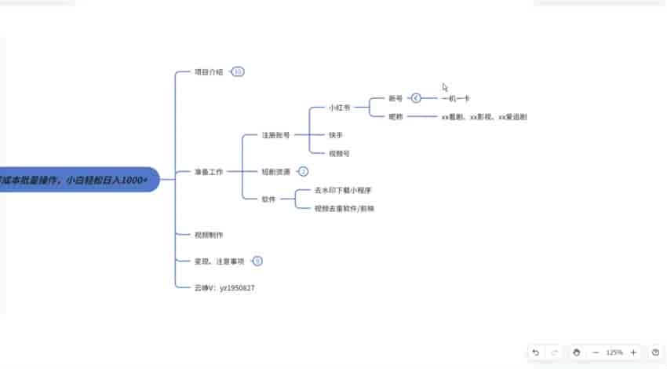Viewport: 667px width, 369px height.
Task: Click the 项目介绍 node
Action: coord(209,72)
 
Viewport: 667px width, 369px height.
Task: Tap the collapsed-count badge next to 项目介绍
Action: coord(238,72)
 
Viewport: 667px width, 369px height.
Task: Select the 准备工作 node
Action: coord(209,171)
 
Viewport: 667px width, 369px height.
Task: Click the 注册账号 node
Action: coord(276,135)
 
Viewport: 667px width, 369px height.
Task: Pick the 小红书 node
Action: coord(340,107)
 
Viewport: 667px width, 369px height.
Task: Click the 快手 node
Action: coord(335,135)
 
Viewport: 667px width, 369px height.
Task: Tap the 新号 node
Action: coord(395,99)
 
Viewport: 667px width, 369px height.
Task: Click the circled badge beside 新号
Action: coord(417,99)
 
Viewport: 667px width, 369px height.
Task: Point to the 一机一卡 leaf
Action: coord(456,99)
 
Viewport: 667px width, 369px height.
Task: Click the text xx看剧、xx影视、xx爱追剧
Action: coord(484,117)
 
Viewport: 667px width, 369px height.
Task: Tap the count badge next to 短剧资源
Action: coord(304,171)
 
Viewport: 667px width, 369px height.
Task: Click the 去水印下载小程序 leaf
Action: coord(342,191)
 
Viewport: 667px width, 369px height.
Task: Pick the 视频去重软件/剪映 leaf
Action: coord(344,209)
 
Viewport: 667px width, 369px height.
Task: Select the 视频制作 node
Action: coord(209,235)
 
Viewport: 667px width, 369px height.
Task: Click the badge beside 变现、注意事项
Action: coord(257,261)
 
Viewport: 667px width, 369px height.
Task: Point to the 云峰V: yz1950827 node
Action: coord(224,288)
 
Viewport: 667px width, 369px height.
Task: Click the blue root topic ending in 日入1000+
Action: coord(78,181)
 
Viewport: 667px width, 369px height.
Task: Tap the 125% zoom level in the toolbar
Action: coord(614,353)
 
